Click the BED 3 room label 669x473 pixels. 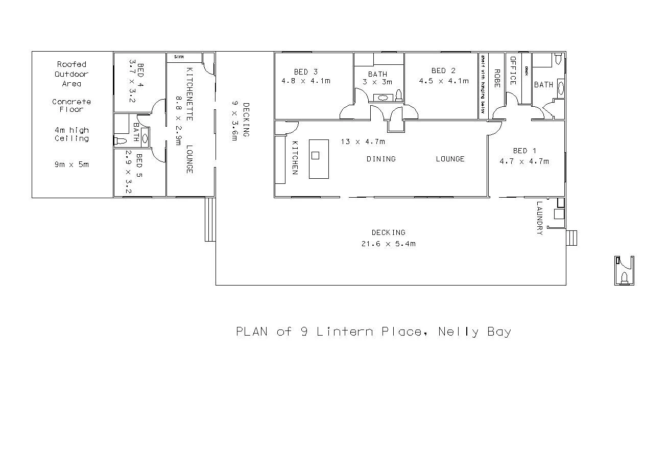pyautogui.click(x=305, y=72)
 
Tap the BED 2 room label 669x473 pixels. pyautogui.click(x=443, y=70)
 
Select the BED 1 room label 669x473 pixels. pyautogui.click(x=524, y=151)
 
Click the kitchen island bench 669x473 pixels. pyautogui.click(x=319, y=158)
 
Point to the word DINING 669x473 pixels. pyautogui.click(x=381, y=159)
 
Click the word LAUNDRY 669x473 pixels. pyautogui.click(x=540, y=218)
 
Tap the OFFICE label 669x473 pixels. pyautogui.click(x=513, y=70)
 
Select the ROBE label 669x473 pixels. pyautogui.click(x=496, y=78)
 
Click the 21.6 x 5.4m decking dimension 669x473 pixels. pyautogui.click(x=388, y=244)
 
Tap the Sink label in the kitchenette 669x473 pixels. pyautogui.click(x=179, y=57)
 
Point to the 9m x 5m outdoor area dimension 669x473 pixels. pyautogui.click(x=71, y=164)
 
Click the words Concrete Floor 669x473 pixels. pyautogui.click(x=71, y=105)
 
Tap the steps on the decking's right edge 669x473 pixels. pyautogui.click(x=572, y=238)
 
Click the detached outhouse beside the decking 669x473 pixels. pyautogui.click(x=624, y=270)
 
